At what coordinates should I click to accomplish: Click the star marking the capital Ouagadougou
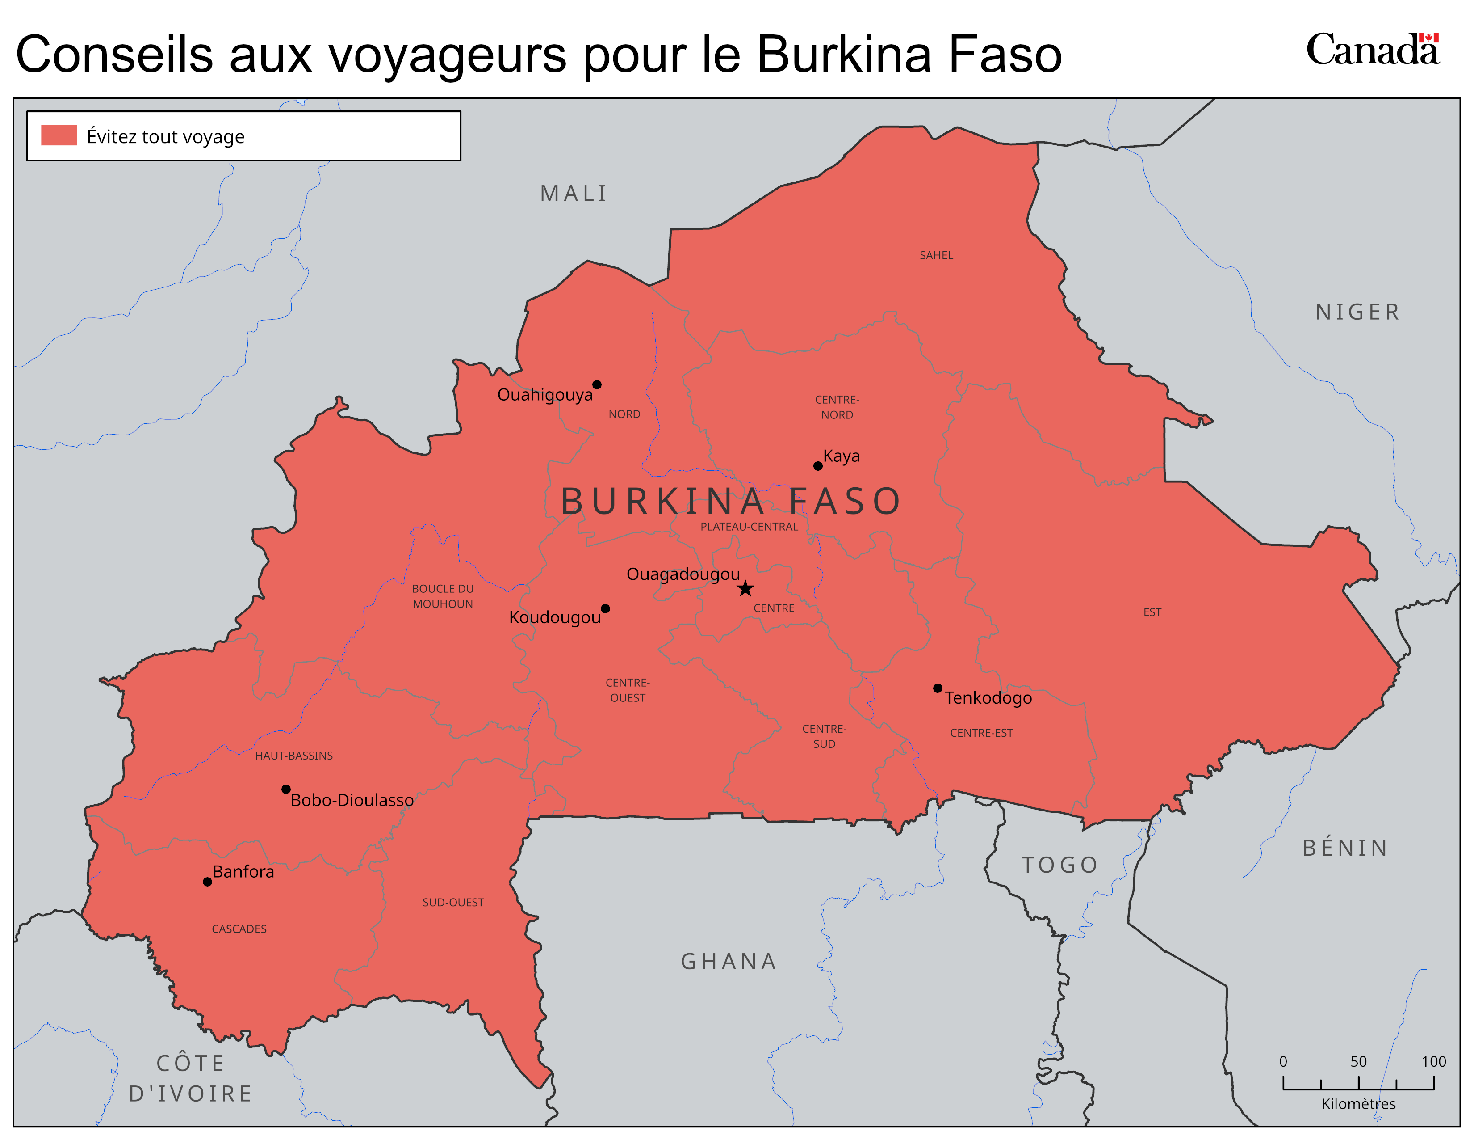(x=745, y=588)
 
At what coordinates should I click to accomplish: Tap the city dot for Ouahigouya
(x=597, y=385)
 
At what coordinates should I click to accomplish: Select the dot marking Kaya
(x=818, y=466)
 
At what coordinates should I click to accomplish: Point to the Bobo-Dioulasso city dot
(x=286, y=789)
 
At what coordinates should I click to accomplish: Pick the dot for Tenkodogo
(x=938, y=688)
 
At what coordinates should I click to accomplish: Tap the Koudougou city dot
(x=605, y=608)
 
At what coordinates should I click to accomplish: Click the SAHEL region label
(x=936, y=255)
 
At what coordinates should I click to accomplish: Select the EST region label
(x=1152, y=612)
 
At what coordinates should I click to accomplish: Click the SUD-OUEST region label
(x=453, y=902)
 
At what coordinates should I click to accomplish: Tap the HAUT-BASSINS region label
(x=293, y=756)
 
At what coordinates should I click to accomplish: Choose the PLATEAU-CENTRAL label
(x=749, y=527)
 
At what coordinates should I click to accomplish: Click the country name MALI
(x=574, y=194)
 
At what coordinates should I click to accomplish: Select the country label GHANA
(x=728, y=961)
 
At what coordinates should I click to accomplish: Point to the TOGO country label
(x=1059, y=865)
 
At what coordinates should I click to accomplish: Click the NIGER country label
(x=1357, y=312)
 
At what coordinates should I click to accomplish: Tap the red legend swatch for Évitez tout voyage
(x=59, y=135)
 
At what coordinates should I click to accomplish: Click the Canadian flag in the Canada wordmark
(x=1428, y=38)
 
